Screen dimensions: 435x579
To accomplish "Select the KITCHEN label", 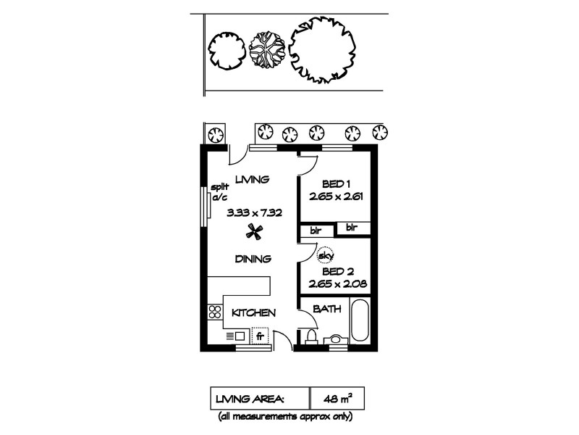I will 253,313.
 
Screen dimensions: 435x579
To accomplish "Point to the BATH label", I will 326,310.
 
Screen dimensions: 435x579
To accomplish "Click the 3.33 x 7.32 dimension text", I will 253,212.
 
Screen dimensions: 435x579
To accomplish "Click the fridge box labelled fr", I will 261,336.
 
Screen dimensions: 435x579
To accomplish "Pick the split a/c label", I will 219,192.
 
